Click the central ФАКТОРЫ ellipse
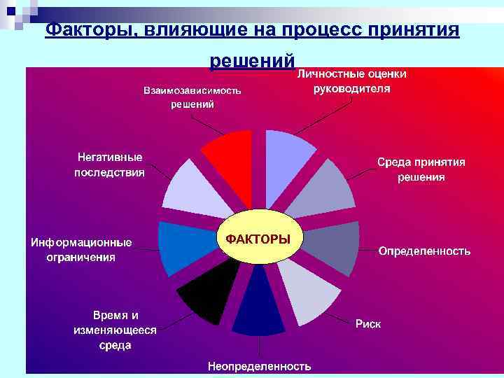point(258,239)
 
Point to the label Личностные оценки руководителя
point(352,81)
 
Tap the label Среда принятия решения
point(421,169)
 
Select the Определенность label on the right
point(424,251)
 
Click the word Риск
point(368,324)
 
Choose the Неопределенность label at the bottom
point(259,366)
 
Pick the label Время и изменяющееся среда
point(115,330)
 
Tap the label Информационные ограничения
point(80,250)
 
